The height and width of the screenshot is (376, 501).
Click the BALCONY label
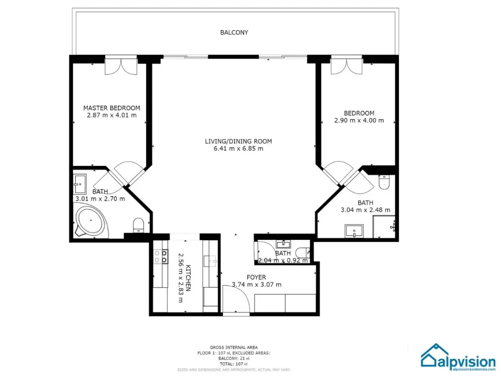coord(234,32)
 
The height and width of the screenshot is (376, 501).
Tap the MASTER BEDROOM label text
coord(111,108)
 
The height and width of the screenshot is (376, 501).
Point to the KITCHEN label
coord(188,278)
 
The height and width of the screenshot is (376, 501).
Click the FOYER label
coord(256,277)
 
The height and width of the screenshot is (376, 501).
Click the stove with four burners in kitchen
coord(160,256)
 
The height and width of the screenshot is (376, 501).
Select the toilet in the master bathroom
coord(138,226)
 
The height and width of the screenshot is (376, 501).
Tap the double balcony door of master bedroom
coord(121,66)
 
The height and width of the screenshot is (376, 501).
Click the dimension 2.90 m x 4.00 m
coord(359,120)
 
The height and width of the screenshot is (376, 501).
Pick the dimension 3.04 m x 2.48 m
coord(365,210)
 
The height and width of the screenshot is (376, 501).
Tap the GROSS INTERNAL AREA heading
coord(233,347)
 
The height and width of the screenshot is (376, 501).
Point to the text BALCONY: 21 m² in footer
coord(233,358)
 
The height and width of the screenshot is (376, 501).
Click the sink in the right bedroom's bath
coord(354,231)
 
